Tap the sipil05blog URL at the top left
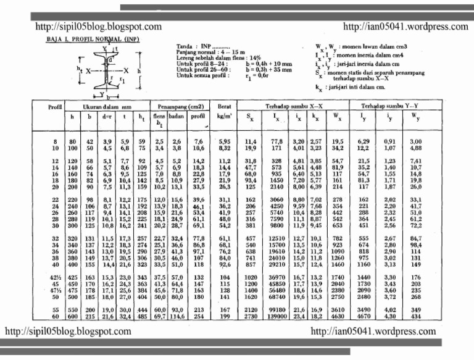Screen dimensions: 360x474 [99, 27]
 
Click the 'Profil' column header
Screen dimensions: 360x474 [56, 107]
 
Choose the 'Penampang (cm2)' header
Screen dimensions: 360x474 [180, 107]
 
